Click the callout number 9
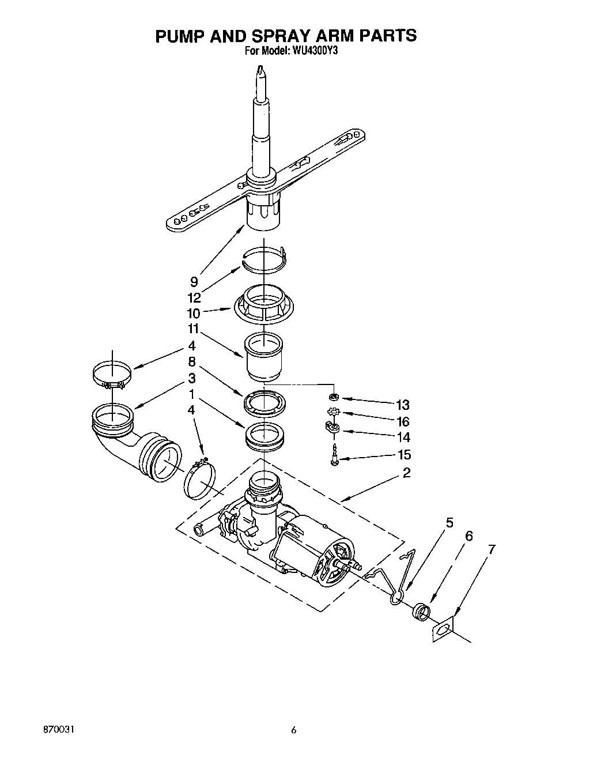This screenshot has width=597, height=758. pyautogui.click(x=194, y=281)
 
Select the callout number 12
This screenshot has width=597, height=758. pyautogui.click(x=194, y=297)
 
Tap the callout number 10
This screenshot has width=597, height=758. pyautogui.click(x=194, y=313)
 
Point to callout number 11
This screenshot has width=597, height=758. pyautogui.click(x=192, y=329)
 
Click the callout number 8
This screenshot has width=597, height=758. pyautogui.click(x=192, y=362)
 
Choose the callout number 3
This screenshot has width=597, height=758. pyautogui.click(x=192, y=379)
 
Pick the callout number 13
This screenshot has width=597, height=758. pyautogui.click(x=403, y=405)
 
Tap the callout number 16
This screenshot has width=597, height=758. pyautogui.click(x=403, y=421)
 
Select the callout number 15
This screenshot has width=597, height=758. pyautogui.click(x=405, y=455)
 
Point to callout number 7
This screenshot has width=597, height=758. pyautogui.click(x=491, y=549)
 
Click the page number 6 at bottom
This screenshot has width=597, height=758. pyautogui.click(x=294, y=730)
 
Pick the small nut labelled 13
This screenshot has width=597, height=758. pyautogui.click(x=334, y=397)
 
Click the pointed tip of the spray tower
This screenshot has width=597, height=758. pyautogui.click(x=262, y=70)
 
